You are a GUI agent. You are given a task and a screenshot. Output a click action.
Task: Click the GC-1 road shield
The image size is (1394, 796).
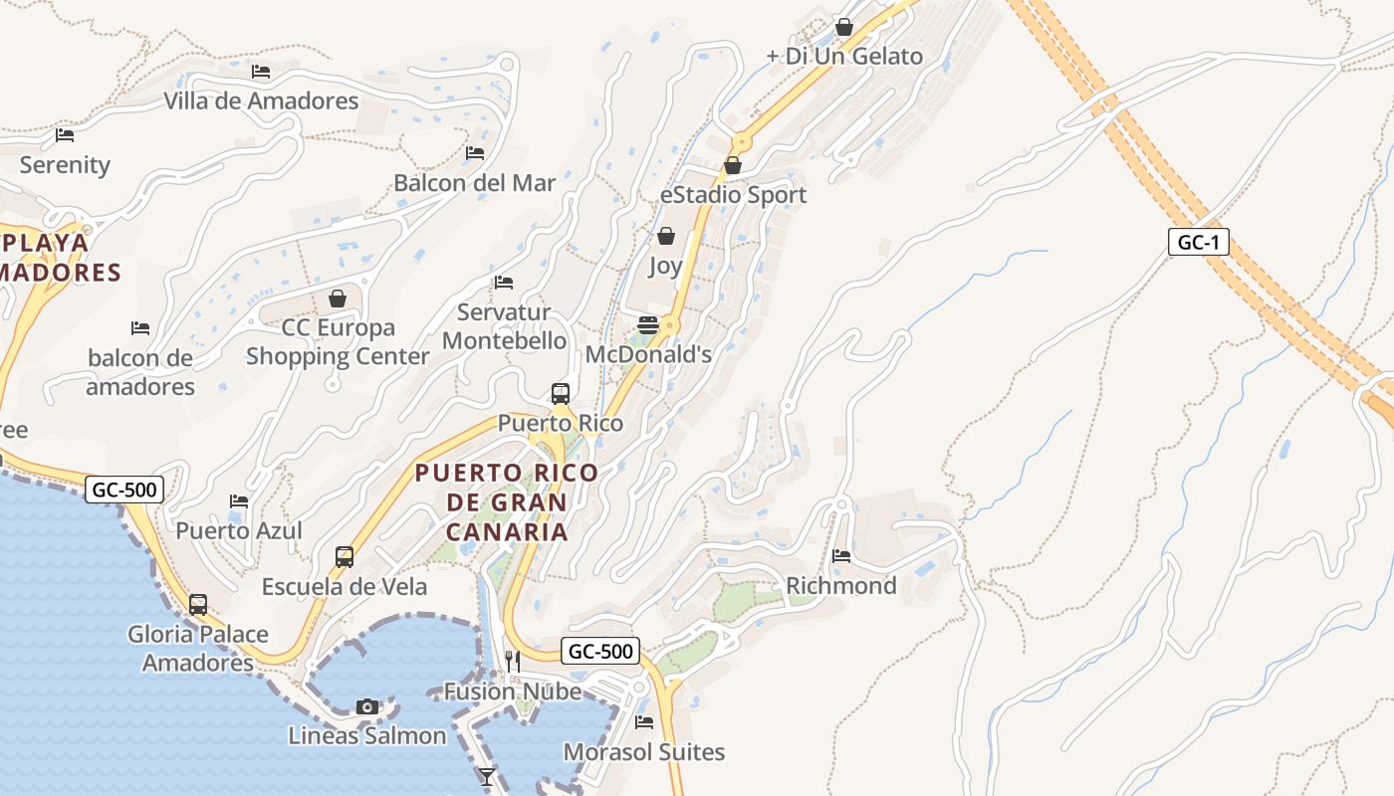pyautogui.click(x=1198, y=242)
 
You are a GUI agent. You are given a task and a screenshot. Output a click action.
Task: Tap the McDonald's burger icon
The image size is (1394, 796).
pyautogui.click(x=648, y=325)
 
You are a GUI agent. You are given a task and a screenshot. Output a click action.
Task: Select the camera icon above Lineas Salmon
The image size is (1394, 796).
pyautogui.click(x=367, y=706)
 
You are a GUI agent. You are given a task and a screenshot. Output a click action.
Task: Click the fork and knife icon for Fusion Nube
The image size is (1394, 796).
pyautogui.click(x=513, y=661)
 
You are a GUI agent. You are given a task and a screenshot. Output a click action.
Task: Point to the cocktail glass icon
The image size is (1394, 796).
pyautogui.click(x=487, y=776)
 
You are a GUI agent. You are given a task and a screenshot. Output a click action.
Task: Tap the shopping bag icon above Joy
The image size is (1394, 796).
pyautogui.click(x=666, y=236)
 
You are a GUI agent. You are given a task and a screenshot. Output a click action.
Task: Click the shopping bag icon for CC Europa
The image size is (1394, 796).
pyautogui.click(x=338, y=298)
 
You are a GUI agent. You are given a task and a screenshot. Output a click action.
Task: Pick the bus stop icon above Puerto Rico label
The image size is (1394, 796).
pyautogui.click(x=561, y=393)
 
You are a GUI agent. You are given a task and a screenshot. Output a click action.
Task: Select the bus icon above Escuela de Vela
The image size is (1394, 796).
pyautogui.click(x=345, y=557)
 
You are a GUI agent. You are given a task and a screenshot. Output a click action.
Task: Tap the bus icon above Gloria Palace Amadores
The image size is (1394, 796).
pyautogui.click(x=198, y=604)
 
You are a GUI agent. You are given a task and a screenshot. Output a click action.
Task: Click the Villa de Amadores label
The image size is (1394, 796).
pyautogui.click(x=261, y=100)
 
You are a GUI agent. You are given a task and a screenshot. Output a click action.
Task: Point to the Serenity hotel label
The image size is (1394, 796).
pyautogui.click(x=65, y=164)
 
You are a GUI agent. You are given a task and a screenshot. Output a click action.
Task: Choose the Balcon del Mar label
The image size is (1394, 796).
pyautogui.click(x=475, y=183)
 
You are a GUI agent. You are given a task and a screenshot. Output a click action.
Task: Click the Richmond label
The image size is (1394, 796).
pyautogui.click(x=841, y=585)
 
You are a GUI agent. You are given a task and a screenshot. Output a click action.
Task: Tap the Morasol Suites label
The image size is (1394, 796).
pyautogui.click(x=644, y=751)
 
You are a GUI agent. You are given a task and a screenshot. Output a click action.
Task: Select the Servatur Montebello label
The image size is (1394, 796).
pyautogui.click(x=504, y=326)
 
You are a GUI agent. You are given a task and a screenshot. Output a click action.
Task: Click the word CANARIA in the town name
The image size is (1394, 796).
pyautogui.click(x=507, y=531)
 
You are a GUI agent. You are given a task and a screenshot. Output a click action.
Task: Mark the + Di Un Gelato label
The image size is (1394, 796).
pyautogui.click(x=844, y=56)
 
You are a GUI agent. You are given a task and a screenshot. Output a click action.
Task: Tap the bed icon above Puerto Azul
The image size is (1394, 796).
pyautogui.click(x=239, y=500)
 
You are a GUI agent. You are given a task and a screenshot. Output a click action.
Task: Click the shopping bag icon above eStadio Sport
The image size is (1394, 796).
pyautogui.click(x=733, y=165)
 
